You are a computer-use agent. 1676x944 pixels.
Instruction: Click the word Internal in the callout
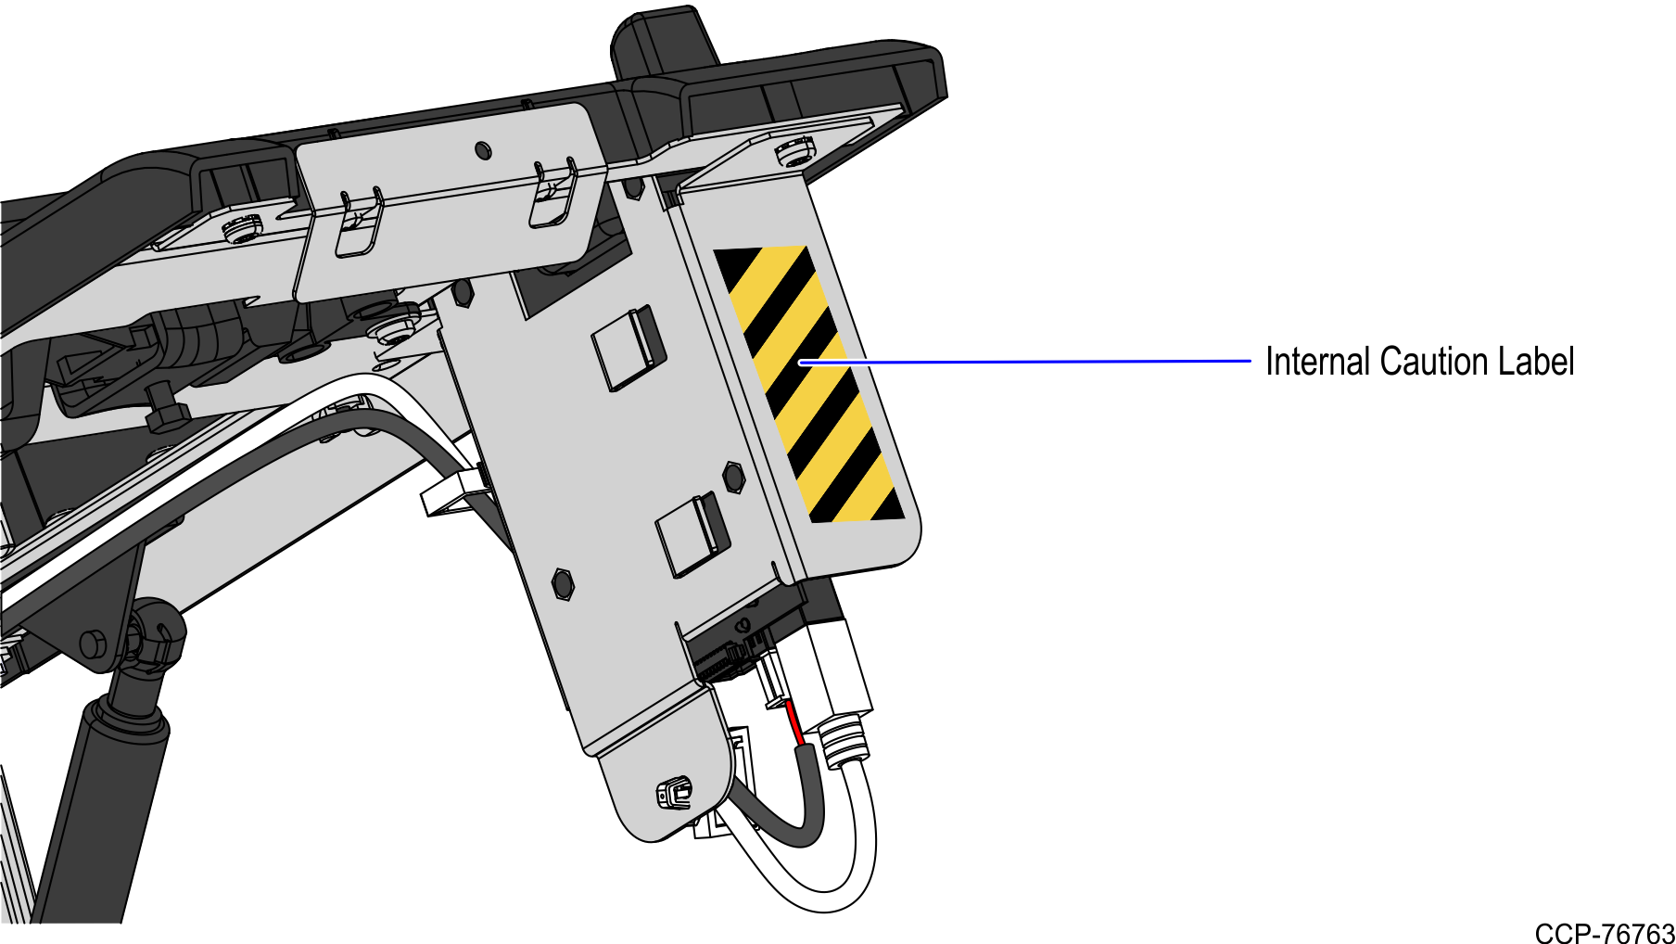[1317, 362]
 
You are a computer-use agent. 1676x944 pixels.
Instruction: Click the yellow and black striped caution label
[808, 384]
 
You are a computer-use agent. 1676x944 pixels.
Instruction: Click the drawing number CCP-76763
[1605, 932]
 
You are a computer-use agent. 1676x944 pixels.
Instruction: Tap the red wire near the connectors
[794, 724]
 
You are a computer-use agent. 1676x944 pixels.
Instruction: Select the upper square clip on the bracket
[628, 347]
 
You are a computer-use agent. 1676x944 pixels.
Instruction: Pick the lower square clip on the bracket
[692, 534]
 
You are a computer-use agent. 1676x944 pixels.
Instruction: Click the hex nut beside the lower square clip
[733, 477]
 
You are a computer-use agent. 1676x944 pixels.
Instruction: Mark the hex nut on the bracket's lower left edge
[563, 584]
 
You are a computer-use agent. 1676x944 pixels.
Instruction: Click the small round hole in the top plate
[482, 149]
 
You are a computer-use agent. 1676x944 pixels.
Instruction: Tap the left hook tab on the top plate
[359, 222]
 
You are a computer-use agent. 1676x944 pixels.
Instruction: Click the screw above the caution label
[795, 150]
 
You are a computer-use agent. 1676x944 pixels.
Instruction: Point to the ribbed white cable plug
[843, 739]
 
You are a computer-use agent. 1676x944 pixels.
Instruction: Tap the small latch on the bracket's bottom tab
[674, 795]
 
